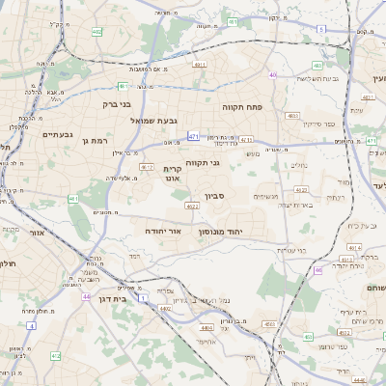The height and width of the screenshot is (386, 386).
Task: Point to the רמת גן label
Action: click(72, 141)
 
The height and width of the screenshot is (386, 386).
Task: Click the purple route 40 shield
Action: click(274, 74)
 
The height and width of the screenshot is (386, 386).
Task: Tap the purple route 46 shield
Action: click(318, 270)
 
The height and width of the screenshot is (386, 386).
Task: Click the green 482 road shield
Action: click(96, 32)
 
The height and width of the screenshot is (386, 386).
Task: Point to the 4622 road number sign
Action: click(192, 206)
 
